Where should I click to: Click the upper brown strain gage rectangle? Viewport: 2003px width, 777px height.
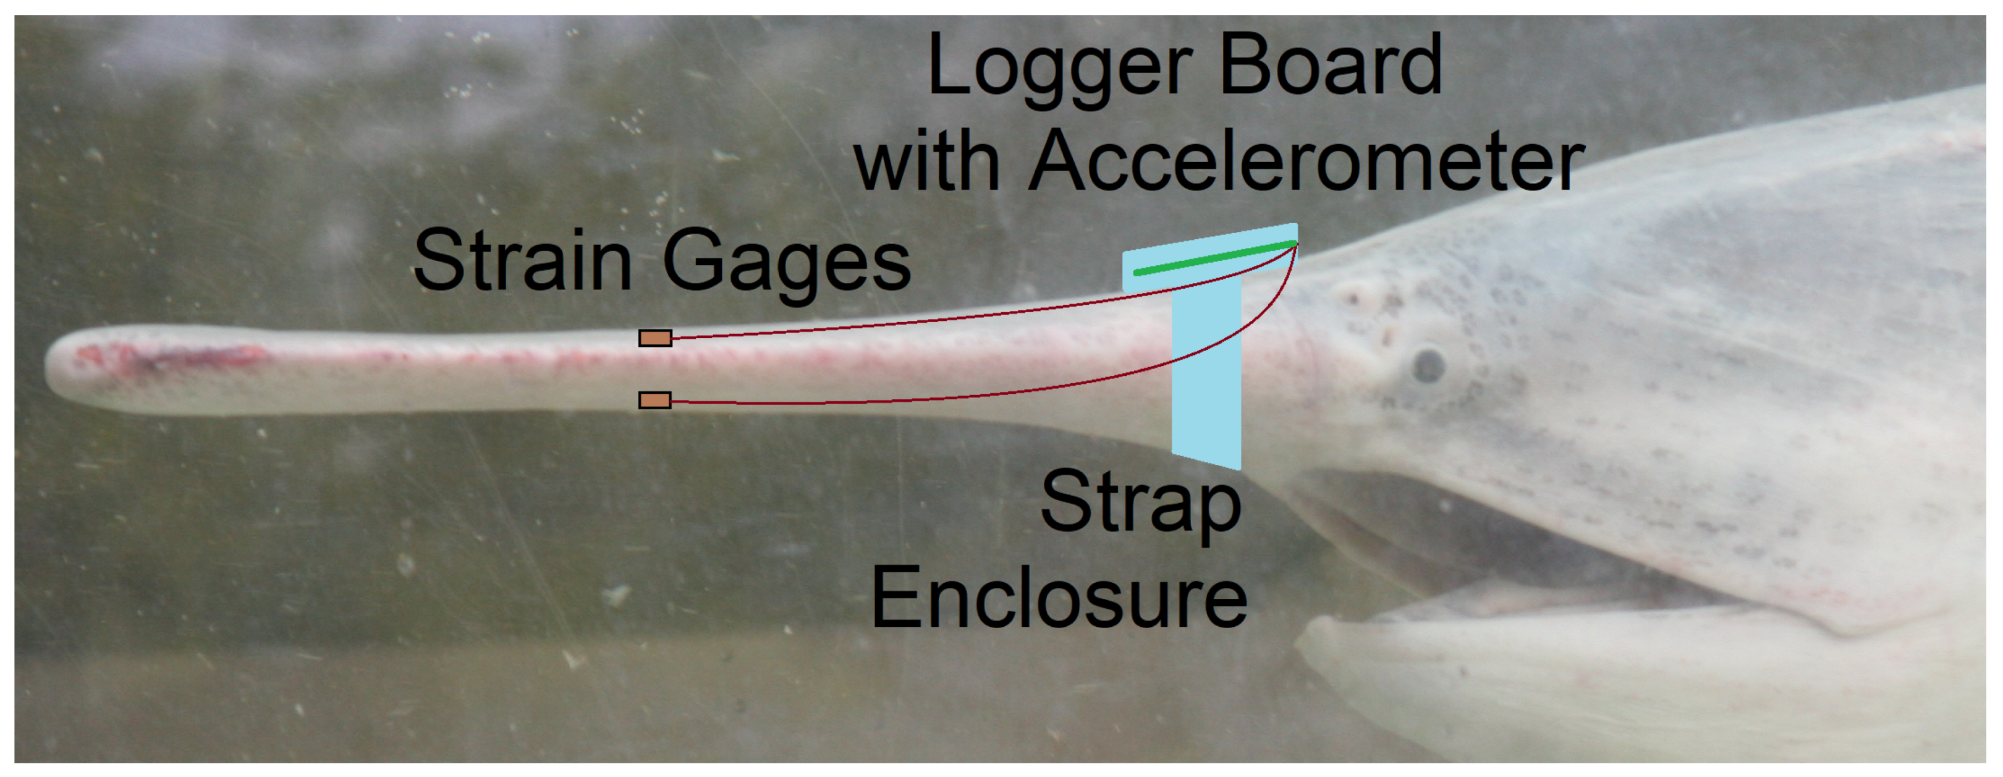pyautogui.click(x=654, y=338)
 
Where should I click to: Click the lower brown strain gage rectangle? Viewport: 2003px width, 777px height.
pyautogui.click(x=654, y=401)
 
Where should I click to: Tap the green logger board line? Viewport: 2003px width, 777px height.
pyautogui.click(x=1213, y=259)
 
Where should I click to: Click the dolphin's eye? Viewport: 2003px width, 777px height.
pyautogui.click(x=1428, y=365)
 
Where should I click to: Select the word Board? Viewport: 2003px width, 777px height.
pyautogui.click(x=1331, y=66)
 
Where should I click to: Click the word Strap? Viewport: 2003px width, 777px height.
pyautogui.click(x=1140, y=504)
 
